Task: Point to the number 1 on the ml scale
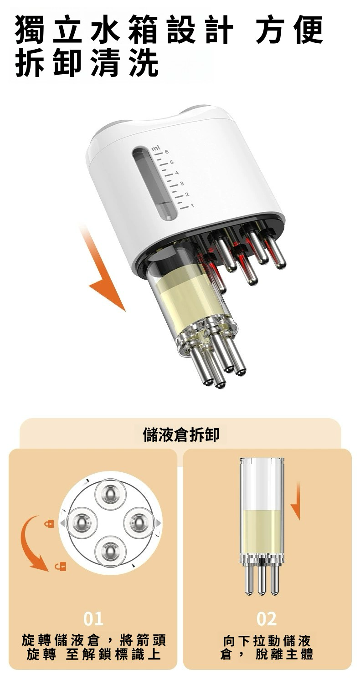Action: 192,206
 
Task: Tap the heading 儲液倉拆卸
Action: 181,435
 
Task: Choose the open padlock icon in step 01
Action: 60,566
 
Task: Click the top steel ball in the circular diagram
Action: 110,493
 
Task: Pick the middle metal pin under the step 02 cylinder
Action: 261,578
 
